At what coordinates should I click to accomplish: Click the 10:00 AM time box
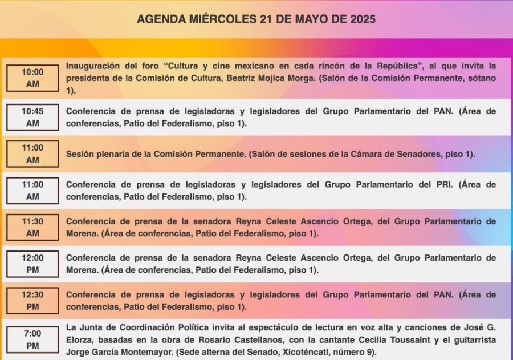tap(32, 78)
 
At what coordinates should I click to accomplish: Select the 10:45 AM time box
tap(32, 117)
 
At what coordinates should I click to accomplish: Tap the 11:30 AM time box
tap(32, 227)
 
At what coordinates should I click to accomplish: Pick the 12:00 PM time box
tap(32, 264)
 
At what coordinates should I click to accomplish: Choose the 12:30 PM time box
tap(32, 300)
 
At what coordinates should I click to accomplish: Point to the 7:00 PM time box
tap(32, 339)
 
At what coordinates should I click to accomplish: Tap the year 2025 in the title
tap(360, 19)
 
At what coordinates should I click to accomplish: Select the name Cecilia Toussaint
tap(406, 339)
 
